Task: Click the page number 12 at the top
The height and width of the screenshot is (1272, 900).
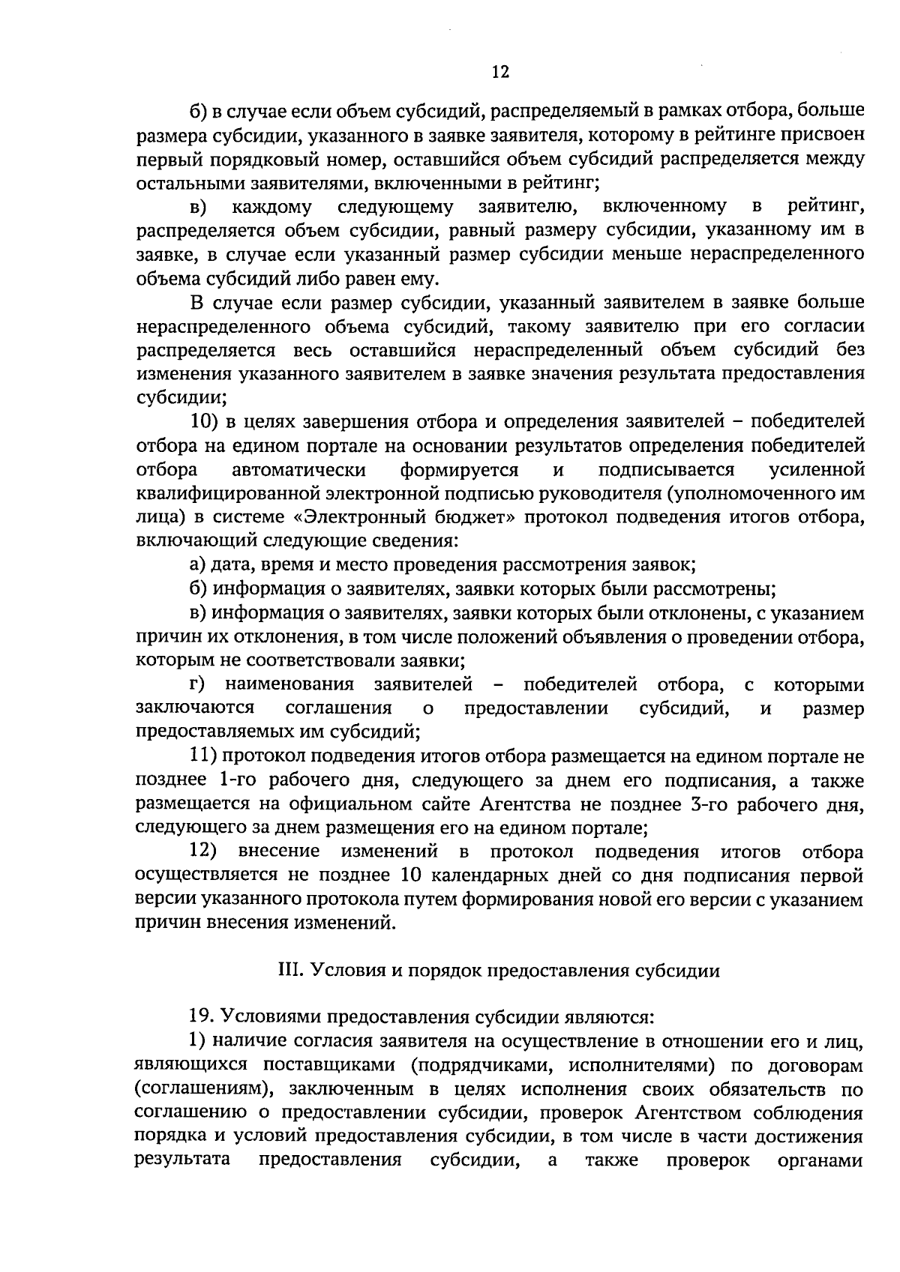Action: click(500, 72)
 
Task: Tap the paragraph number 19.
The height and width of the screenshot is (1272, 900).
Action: click(202, 1017)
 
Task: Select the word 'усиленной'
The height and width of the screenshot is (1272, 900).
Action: click(817, 469)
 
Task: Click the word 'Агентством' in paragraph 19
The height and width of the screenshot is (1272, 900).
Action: click(686, 1112)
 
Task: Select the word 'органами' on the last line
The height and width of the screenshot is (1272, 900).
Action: click(823, 1160)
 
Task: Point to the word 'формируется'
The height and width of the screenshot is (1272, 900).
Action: click(459, 469)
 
